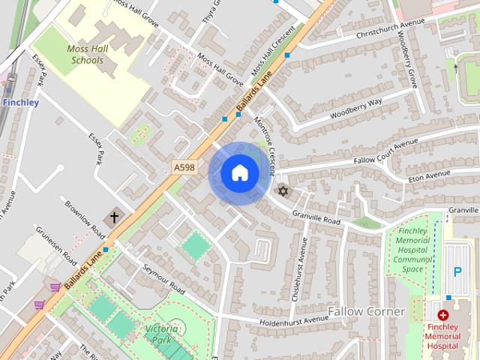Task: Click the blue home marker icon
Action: pyautogui.click(x=239, y=173)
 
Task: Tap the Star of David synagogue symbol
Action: pyautogui.click(x=283, y=190)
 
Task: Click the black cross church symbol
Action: pyautogui.click(x=114, y=217)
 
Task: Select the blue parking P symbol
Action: pyautogui.click(x=456, y=271)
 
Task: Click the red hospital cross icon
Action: pyautogui.click(x=443, y=316)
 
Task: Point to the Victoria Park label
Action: pyautogui.click(x=162, y=334)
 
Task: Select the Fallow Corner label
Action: pyautogui.click(x=367, y=310)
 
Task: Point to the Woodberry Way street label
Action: pyautogui.click(x=355, y=108)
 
